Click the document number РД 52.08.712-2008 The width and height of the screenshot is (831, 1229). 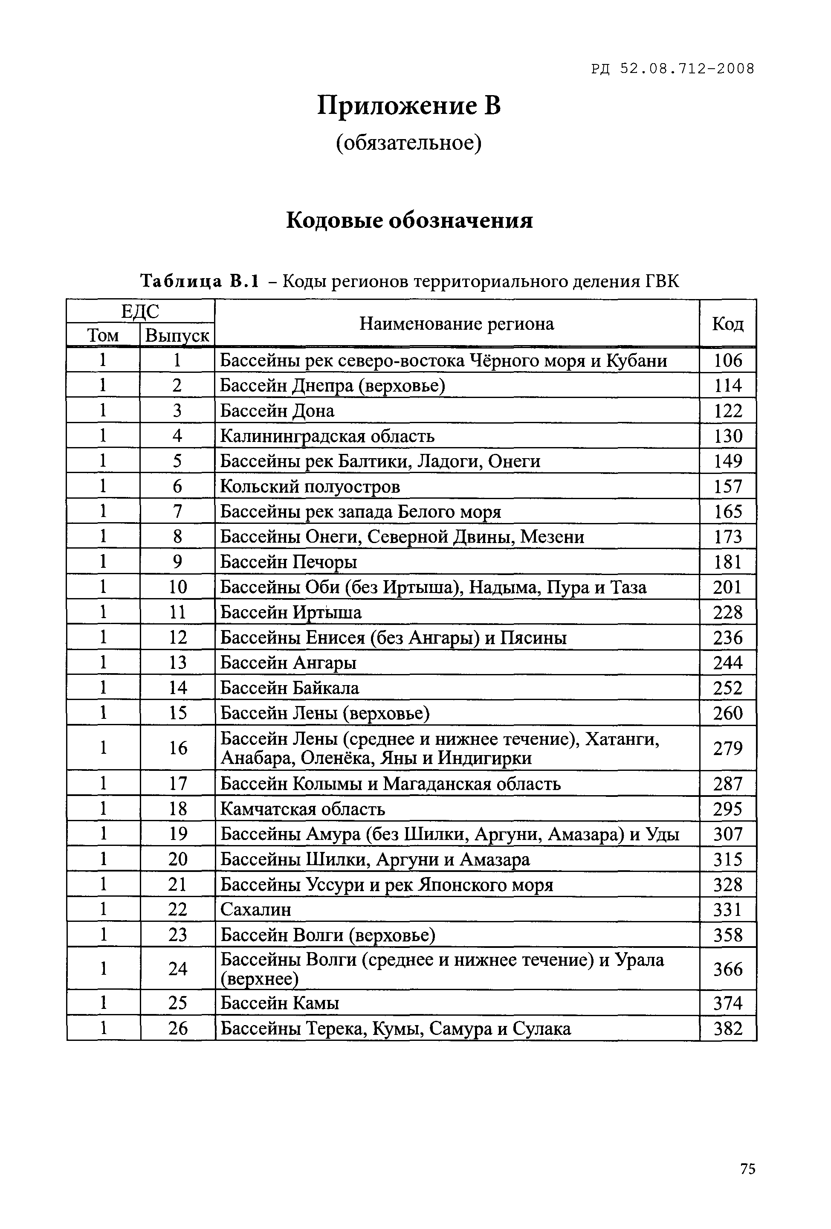[672, 69]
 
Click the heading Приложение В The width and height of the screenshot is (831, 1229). [408, 105]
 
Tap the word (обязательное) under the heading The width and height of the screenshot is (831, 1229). [408, 143]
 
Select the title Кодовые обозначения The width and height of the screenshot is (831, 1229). [409, 220]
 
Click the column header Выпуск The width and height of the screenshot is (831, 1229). [177, 335]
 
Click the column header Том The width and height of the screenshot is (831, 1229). [103, 335]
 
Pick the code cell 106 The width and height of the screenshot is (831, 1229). [727, 360]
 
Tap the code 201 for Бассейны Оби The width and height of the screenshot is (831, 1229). [727, 587]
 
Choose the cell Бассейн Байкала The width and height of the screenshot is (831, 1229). [289, 688]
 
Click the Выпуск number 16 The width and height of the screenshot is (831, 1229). [178, 748]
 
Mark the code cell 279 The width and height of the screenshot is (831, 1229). [727, 748]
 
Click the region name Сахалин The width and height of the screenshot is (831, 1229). [255, 909]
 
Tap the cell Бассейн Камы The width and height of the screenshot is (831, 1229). [279, 1003]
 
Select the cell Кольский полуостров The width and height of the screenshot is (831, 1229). [310, 486]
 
